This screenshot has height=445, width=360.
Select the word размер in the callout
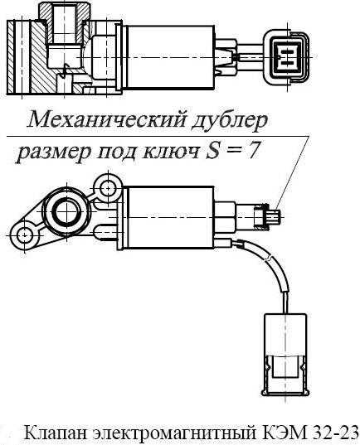53,152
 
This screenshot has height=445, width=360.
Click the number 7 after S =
252,151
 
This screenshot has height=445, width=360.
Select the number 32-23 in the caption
334,433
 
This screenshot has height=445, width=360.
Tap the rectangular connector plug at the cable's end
285,355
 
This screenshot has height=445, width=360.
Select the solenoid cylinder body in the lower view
171,217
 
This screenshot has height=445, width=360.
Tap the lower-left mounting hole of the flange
24,235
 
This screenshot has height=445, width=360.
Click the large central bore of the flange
66,212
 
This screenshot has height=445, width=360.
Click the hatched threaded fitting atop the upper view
65,23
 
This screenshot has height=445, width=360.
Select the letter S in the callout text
214,151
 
